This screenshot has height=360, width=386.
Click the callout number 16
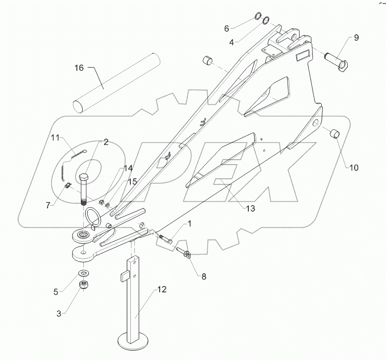(x=79, y=68)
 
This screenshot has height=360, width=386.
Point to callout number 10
(x=354, y=168)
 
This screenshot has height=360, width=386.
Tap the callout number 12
(x=162, y=289)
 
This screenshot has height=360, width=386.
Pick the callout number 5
(x=56, y=292)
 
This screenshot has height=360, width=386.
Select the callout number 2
(x=105, y=143)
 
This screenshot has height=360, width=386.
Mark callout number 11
(x=56, y=139)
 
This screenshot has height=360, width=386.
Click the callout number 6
(x=227, y=29)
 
